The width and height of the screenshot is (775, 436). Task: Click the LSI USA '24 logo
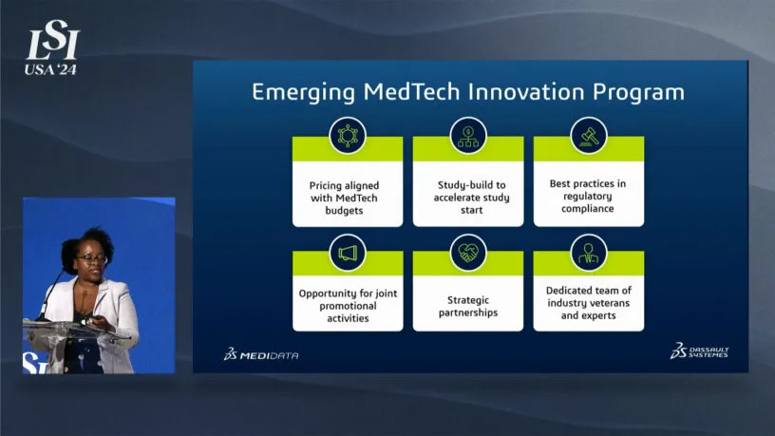pos(52,47)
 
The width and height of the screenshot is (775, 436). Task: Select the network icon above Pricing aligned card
pos(348,136)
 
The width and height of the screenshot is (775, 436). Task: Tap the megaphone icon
pos(348,253)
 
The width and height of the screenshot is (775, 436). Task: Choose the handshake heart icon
pos(468,253)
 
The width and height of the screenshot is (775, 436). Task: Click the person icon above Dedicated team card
pos(589,253)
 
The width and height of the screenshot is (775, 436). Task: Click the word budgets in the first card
pos(344,211)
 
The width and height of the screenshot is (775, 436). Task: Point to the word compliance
pos(588,209)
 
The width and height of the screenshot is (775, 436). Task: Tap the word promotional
pos(348,306)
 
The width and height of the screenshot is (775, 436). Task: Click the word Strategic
pos(468,300)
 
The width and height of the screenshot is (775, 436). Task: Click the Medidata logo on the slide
pos(261,354)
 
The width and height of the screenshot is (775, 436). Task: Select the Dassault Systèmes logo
pos(699,350)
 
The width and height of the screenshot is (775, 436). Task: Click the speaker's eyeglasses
pos(92,258)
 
